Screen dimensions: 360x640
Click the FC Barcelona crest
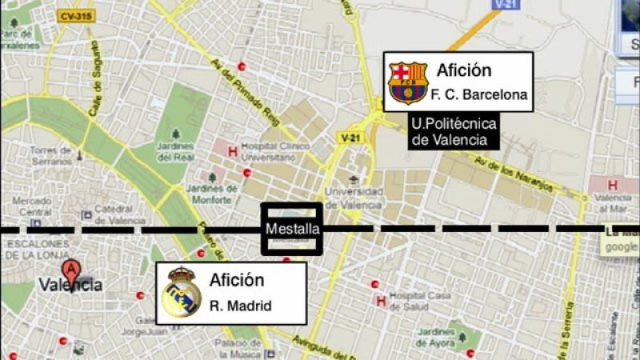tap(407, 82)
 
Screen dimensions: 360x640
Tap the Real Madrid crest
tap(181, 293)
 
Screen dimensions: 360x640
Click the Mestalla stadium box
tap(292, 228)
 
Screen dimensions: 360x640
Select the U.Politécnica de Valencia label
tap(453, 131)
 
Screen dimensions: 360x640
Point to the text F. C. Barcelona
tap(479, 95)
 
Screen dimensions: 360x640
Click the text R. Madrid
tap(240, 306)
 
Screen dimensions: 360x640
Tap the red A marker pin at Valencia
tap(72, 270)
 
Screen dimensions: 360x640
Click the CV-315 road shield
tap(75, 15)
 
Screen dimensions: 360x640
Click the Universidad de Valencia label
tap(353, 198)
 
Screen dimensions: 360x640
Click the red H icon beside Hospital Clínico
tap(232, 150)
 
